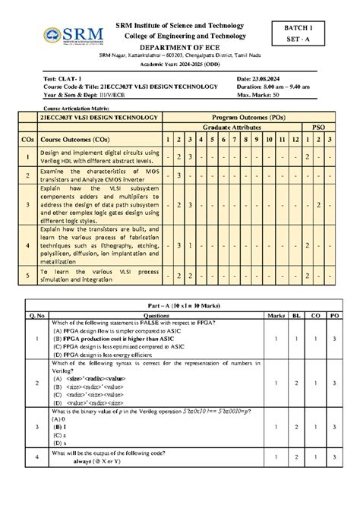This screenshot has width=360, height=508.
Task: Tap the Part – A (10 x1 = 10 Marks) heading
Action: [180, 304]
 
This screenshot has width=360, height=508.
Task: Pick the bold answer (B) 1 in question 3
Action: [58, 428]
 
